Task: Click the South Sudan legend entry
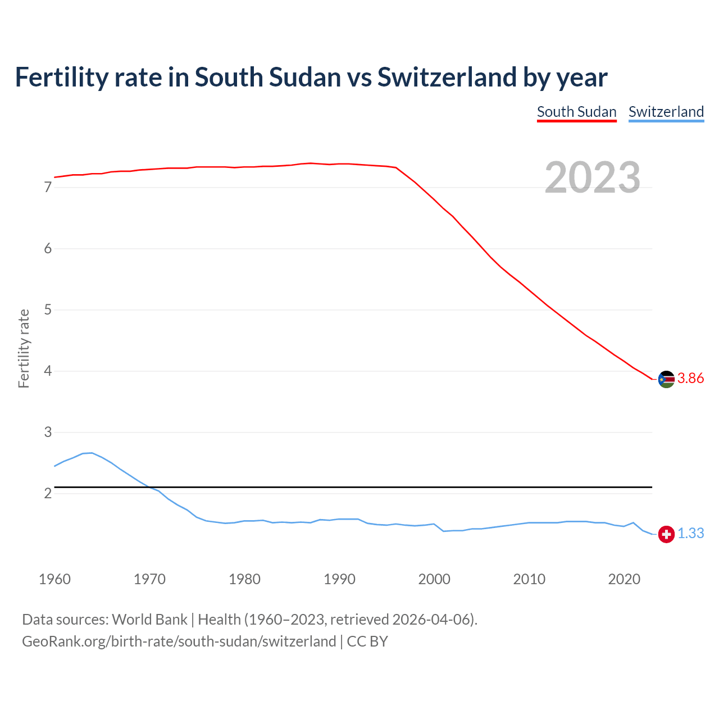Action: pos(576,112)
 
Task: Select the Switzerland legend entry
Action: pos(666,112)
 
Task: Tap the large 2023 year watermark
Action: pos(593,178)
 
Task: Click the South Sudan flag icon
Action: pos(666,379)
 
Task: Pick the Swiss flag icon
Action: pos(666,534)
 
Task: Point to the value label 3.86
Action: pos(690,379)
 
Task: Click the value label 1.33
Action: pos(690,534)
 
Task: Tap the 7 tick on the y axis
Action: pos(48,188)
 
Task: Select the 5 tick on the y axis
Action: pos(48,310)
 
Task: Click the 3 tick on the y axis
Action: pos(48,433)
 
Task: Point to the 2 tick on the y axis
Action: pos(48,494)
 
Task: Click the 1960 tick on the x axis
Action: pos(54,579)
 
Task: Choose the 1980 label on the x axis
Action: pos(244,579)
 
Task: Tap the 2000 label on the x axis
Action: pos(434,579)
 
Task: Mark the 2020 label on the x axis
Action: pos(624,579)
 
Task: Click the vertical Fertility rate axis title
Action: pos(24,348)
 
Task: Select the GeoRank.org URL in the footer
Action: pos(179,641)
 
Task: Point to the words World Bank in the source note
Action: pos(149,620)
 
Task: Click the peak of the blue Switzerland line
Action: pos(92,453)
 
